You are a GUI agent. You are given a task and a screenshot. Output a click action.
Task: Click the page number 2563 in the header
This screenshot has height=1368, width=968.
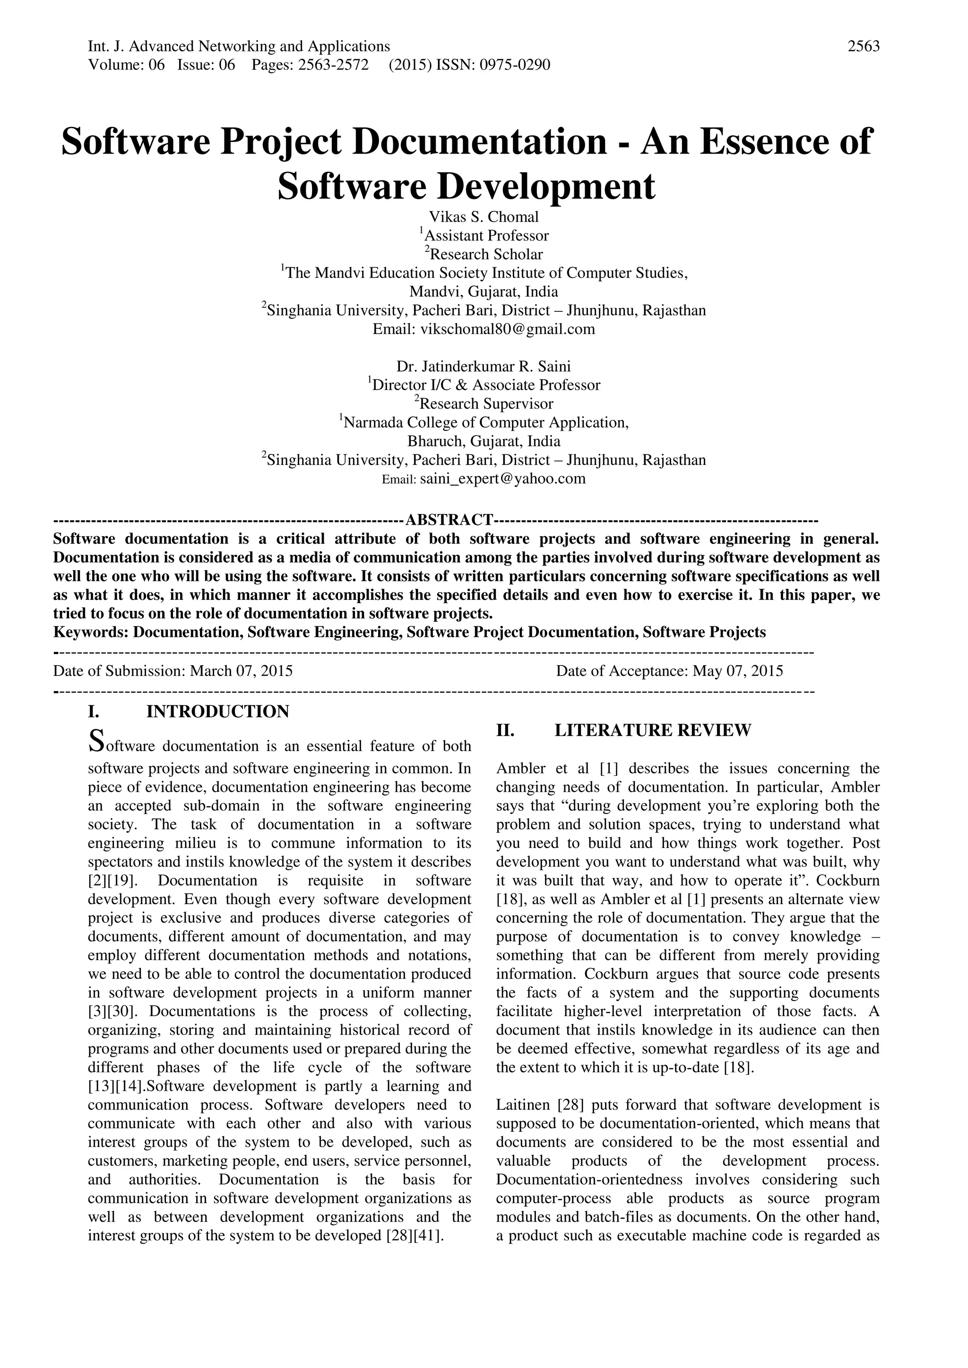coord(863,46)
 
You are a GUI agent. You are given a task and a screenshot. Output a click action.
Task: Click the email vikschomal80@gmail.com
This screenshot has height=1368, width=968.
coord(507,329)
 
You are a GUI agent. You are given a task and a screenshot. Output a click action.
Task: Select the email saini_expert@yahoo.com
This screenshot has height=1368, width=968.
coord(502,479)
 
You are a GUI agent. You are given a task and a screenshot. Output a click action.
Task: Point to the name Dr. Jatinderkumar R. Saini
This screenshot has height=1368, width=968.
coord(484,367)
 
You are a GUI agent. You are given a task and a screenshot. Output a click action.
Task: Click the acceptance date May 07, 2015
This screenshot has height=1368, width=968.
coord(738,671)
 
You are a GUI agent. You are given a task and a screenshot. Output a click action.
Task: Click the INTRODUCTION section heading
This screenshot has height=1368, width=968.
coord(217,711)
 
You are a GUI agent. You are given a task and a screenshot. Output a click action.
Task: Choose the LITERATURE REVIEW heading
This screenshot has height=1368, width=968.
coord(653,730)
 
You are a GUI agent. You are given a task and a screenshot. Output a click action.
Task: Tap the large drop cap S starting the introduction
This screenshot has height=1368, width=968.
coord(96,741)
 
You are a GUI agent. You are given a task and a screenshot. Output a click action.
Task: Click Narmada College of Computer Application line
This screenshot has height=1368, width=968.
coord(486,422)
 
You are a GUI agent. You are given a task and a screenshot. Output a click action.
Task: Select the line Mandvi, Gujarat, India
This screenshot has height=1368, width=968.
coord(484,292)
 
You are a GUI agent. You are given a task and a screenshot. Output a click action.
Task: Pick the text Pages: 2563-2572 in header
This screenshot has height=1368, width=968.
coord(310,65)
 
